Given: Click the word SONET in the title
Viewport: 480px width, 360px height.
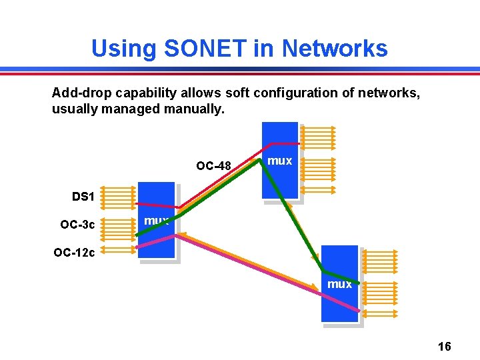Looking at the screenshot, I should coord(212,49).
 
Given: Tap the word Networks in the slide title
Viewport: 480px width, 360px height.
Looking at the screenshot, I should coord(335,49).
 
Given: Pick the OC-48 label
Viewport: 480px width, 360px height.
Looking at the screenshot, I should coord(213,165).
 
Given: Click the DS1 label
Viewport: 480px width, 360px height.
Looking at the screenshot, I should coord(83,197).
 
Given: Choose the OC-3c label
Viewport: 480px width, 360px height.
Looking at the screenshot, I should coord(78,225).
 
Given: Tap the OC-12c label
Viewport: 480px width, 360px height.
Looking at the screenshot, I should coord(74,253).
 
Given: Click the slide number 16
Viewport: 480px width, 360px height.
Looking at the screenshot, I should coord(445,346).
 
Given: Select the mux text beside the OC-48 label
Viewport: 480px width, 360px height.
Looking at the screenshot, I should coord(279,161).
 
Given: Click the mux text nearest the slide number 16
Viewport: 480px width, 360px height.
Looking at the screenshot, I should coord(339,284).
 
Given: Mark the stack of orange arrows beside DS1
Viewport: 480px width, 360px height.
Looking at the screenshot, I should coord(120,197).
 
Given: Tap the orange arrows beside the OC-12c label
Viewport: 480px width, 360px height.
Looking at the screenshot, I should coord(120,250).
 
